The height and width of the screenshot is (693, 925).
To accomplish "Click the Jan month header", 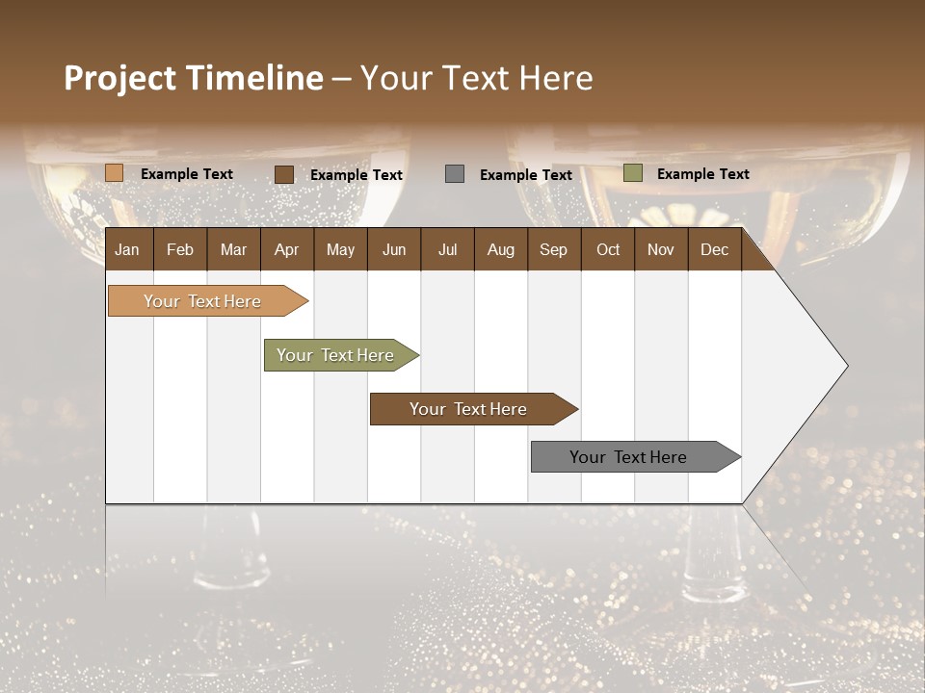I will [127, 249].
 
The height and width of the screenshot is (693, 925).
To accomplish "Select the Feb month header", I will [180, 249].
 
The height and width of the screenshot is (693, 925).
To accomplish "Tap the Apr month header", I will [286, 249].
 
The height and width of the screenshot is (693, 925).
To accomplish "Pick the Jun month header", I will [394, 249].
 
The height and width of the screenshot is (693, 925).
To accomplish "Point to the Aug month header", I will [500, 249].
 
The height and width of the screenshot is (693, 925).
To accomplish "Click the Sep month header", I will [553, 249].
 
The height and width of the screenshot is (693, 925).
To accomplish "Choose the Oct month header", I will [608, 249].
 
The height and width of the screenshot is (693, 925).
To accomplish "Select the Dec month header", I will [714, 249].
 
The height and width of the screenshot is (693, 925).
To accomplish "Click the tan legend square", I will [115, 173].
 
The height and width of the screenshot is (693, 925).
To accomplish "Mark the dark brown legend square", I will [284, 174].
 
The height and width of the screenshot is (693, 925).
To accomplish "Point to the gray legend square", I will [455, 174].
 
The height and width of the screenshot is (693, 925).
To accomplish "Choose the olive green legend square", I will [633, 173].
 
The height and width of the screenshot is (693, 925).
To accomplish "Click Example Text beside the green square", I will [702, 174].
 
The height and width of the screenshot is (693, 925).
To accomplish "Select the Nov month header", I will [660, 249].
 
